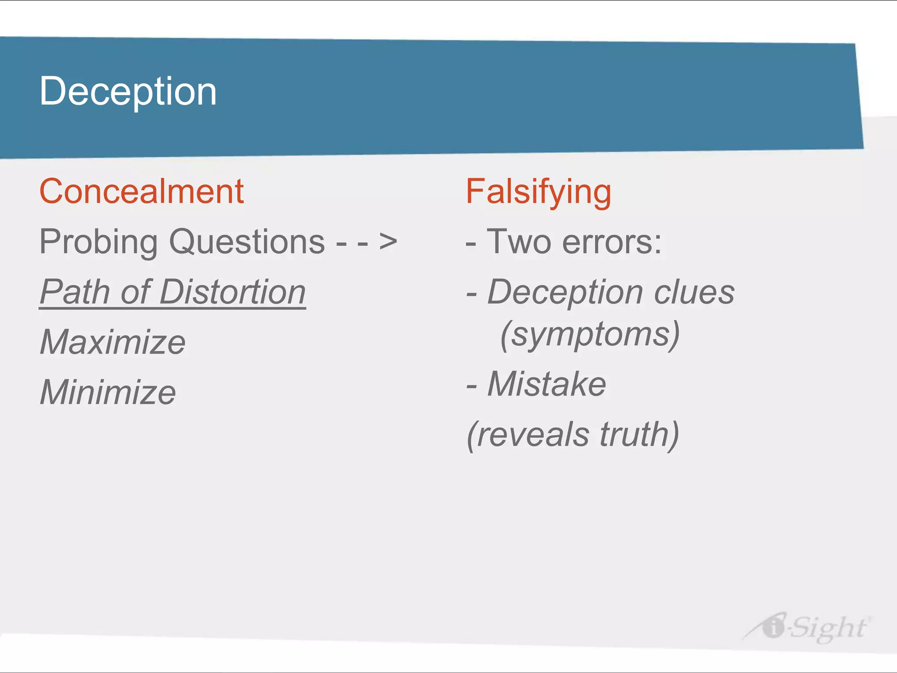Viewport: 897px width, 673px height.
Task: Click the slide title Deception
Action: (x=128, y=91)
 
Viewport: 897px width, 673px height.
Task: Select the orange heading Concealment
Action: (x=141, y=191)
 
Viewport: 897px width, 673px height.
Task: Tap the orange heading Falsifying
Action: (x=538, y=192)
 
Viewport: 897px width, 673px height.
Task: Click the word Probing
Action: (x=98, y=242)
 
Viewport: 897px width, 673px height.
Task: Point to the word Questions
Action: (x=247, y=242)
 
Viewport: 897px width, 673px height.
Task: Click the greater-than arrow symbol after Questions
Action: (x=388, y=241)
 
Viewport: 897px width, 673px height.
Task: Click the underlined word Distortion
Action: (x=233, y=292)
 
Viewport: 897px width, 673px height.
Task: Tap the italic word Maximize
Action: (x=113, y=342)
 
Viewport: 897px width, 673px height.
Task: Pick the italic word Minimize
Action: (x=108, y=392)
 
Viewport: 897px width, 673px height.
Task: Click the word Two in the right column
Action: (x=519, y=242)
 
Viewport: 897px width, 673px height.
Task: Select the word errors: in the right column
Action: (x=612, y=242)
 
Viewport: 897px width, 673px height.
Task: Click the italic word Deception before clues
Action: (x=565, y=292)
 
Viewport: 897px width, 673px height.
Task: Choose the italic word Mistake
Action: (x=547, y=384)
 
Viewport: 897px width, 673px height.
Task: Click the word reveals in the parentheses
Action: (x=532, y=435)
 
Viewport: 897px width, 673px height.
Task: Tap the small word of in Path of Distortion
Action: (x=134, y=292)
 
